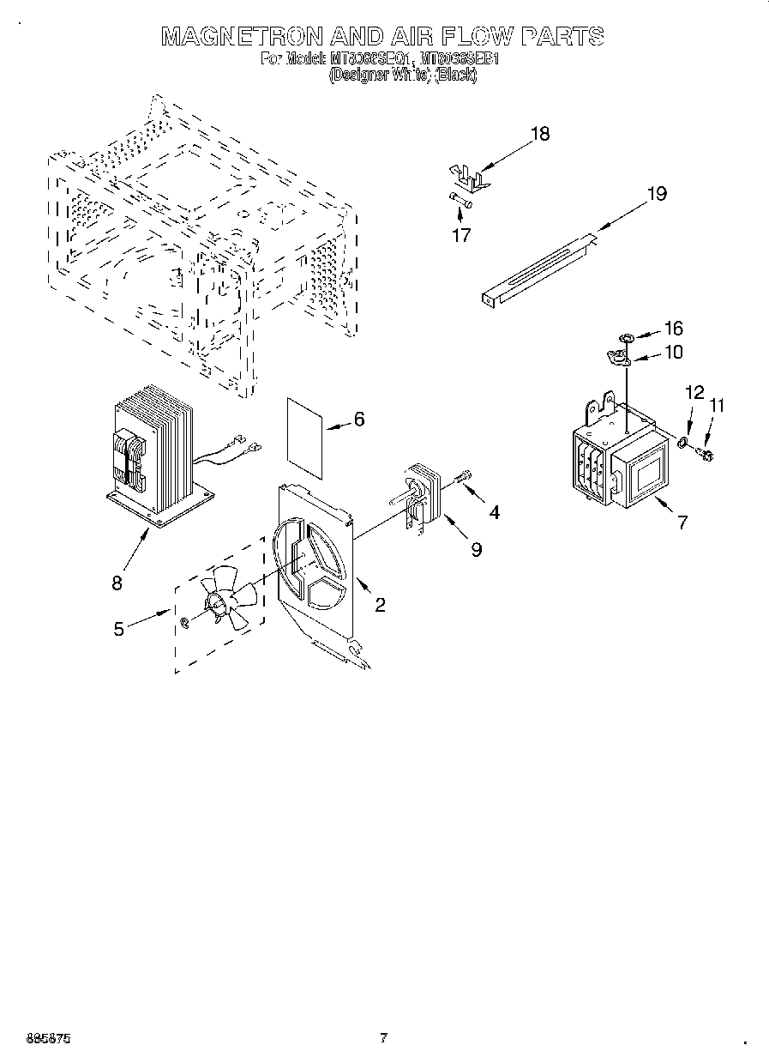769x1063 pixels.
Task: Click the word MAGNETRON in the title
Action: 243,36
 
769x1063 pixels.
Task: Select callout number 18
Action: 539,134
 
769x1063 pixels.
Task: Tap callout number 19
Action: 656,194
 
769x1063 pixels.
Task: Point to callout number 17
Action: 461,235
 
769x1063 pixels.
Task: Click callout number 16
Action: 673,329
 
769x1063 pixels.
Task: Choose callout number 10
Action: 673,352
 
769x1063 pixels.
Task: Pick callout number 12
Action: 694,392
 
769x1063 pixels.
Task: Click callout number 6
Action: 358,420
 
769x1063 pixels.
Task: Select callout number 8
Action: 117,583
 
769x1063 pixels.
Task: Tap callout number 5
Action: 118,629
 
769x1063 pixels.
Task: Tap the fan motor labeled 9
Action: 420,502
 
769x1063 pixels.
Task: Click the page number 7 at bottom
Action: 383,1038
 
